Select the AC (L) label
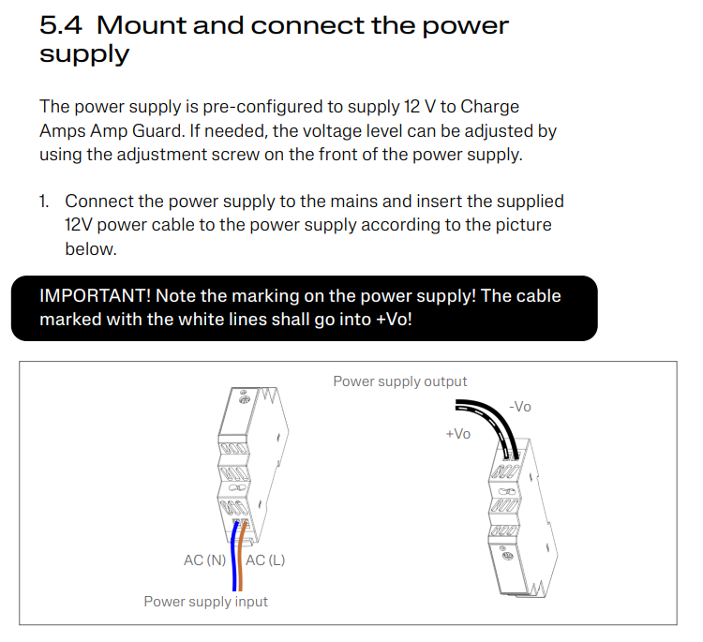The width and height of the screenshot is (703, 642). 265,560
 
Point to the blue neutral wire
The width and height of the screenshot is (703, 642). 232,553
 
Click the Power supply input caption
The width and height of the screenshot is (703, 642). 205,602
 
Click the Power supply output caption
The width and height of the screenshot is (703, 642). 400,381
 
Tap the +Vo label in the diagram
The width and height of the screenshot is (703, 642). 458,434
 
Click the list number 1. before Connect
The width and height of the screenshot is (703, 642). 44,202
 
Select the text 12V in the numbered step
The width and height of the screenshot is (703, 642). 80,225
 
